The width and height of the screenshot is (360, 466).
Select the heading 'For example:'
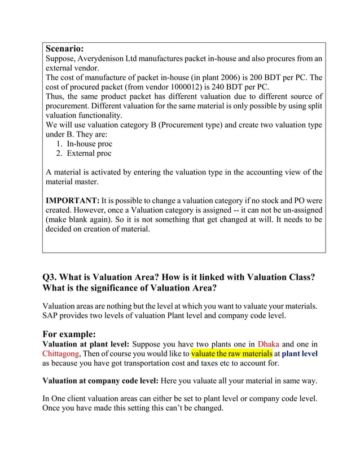point(69,333)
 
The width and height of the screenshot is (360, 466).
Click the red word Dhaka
point(269,344)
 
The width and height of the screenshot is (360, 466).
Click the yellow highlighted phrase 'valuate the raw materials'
point(232,354)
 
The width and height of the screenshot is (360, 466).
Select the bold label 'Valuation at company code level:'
point(101,380)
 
